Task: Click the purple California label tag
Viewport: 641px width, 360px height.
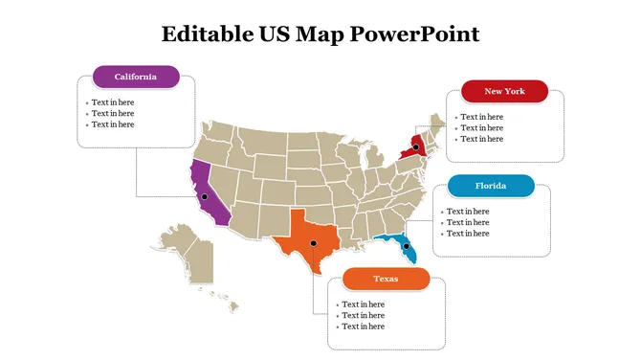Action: [135, 77]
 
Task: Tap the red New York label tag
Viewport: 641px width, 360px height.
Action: [504, 91]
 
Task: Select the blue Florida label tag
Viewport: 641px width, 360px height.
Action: [490, 186]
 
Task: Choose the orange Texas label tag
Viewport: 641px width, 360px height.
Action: [386, 279]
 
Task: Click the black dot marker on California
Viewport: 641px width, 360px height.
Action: [204, 196]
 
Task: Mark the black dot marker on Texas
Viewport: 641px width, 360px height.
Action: [313, 243]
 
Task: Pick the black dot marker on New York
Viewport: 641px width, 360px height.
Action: [416, 147]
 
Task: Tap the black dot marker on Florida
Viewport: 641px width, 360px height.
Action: [406, 247]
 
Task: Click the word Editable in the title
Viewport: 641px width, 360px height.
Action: [204, 34]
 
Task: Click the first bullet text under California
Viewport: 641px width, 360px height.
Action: [112, 101]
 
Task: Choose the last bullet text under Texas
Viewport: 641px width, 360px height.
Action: [363, 326]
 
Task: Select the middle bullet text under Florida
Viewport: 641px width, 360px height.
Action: [468, 222]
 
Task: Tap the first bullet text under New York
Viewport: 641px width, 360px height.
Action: [481, 117]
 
